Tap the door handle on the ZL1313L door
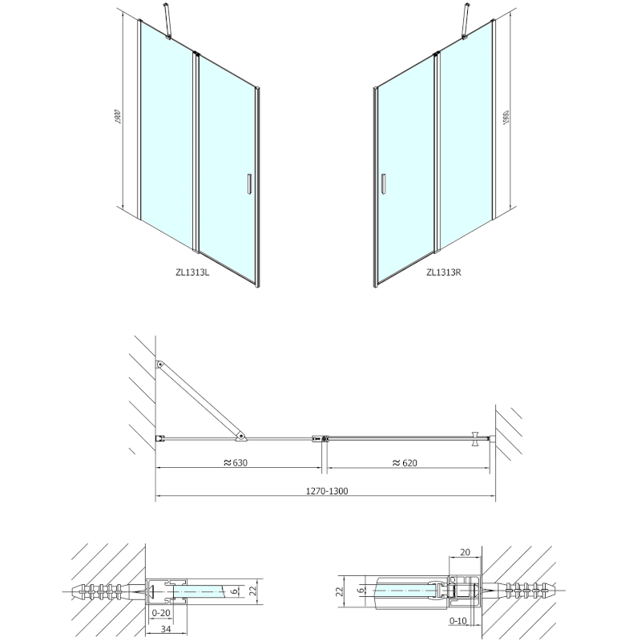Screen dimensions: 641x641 250,183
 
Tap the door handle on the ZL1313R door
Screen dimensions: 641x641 384,183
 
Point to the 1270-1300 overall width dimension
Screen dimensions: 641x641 325,490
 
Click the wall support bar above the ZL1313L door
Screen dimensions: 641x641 168,19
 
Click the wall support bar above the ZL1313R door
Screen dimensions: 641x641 464,19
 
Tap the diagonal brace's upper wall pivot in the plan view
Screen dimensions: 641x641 161,365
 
